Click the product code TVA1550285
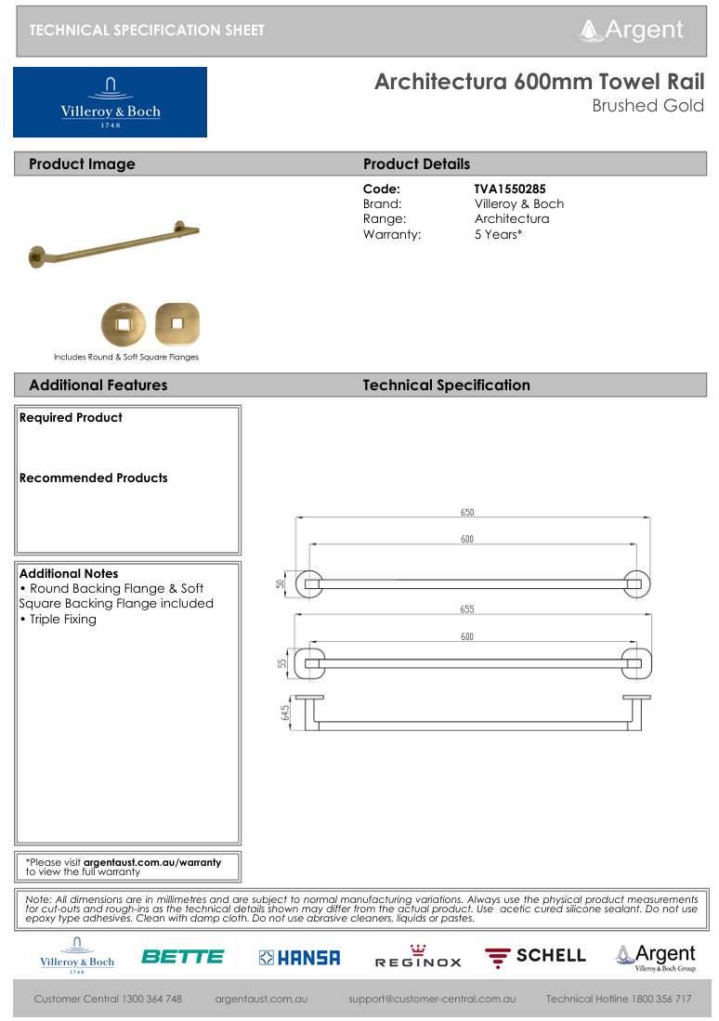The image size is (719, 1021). pos(510,189)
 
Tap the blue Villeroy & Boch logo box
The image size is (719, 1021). pos(110,102)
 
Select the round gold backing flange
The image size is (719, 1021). pos(124,324)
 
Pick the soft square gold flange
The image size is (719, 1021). pos(177,324)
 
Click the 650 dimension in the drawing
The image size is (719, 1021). pos(466,512)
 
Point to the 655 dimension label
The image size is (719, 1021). pos(466,609)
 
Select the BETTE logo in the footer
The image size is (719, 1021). pos(183,956)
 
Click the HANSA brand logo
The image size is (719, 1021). pos(299,957)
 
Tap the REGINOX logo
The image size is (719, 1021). pos(418,957)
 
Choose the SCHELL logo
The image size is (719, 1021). pos(536,955)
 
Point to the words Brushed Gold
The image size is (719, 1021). pos(648,106)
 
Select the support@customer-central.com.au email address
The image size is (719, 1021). pos(432,999)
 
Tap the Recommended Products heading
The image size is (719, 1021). pos(94,478)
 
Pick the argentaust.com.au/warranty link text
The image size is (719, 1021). pos(152,862)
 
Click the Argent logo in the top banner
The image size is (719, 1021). pos(632,30)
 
